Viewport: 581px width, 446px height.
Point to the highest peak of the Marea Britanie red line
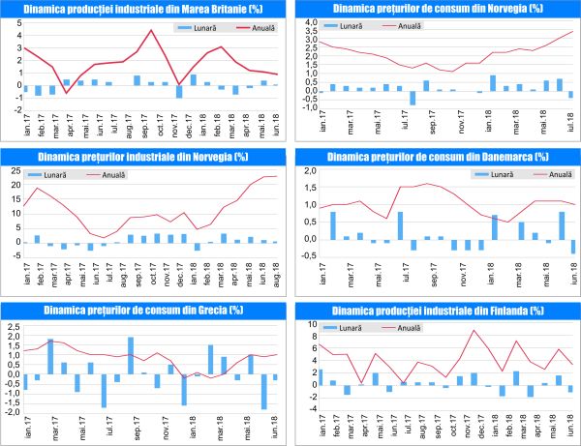151,30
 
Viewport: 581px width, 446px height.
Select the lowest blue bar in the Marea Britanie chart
179,92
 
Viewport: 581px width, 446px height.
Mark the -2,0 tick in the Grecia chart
14,412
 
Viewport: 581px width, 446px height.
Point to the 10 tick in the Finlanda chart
310,324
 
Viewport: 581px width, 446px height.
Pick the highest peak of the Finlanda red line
474,331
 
